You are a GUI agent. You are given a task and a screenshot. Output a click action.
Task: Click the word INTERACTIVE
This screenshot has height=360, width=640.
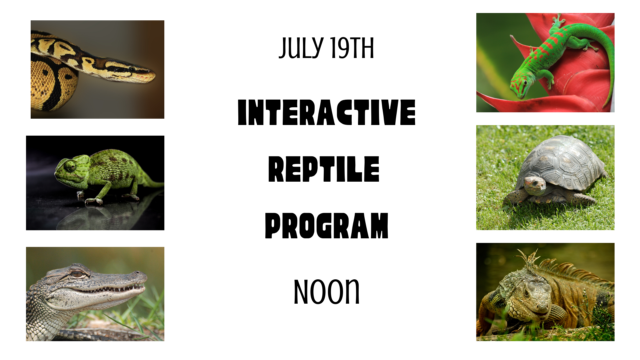[327, 112]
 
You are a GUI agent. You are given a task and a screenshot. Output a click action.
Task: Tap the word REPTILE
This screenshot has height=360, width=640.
[324, 169]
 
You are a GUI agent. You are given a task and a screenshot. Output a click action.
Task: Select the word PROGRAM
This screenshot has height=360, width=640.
[327, 226]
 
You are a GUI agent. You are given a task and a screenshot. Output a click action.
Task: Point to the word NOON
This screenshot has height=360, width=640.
[326, 292]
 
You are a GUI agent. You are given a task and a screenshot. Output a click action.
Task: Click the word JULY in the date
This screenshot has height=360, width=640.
[301, 48]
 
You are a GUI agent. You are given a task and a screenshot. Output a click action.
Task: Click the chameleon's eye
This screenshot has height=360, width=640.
[70, 166]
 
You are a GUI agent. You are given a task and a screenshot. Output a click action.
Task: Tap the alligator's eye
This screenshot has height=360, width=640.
[78, 274]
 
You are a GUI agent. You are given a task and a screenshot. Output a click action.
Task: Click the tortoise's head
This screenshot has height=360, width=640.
[534, 185]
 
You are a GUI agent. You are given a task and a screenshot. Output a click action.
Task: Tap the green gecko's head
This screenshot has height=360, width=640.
[519, 86]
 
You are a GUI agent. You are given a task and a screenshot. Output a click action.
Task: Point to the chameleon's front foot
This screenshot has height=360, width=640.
[94, 201]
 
